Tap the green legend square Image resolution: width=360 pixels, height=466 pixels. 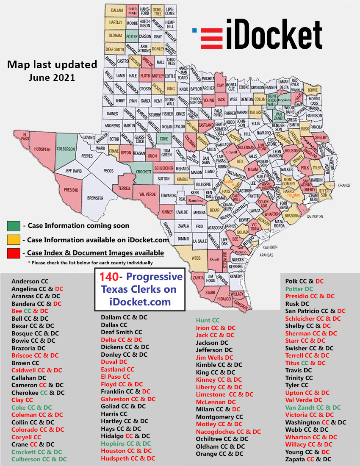point(14,226)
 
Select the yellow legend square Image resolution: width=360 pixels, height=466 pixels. point(14,240)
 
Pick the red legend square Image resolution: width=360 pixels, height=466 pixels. point(14,253)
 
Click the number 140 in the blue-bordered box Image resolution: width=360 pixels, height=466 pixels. point(109,277)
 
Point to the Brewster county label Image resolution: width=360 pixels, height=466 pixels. point(96,198)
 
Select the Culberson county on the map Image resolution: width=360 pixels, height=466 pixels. point(66,149)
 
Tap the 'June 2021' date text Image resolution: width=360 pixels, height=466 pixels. point(52,78)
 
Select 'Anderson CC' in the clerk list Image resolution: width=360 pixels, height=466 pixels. point(30,281)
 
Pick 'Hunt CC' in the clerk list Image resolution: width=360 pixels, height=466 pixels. point(208,321)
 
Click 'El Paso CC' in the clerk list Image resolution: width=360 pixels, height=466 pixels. point(115,377)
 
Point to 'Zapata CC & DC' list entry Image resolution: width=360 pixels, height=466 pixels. point(308,459)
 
